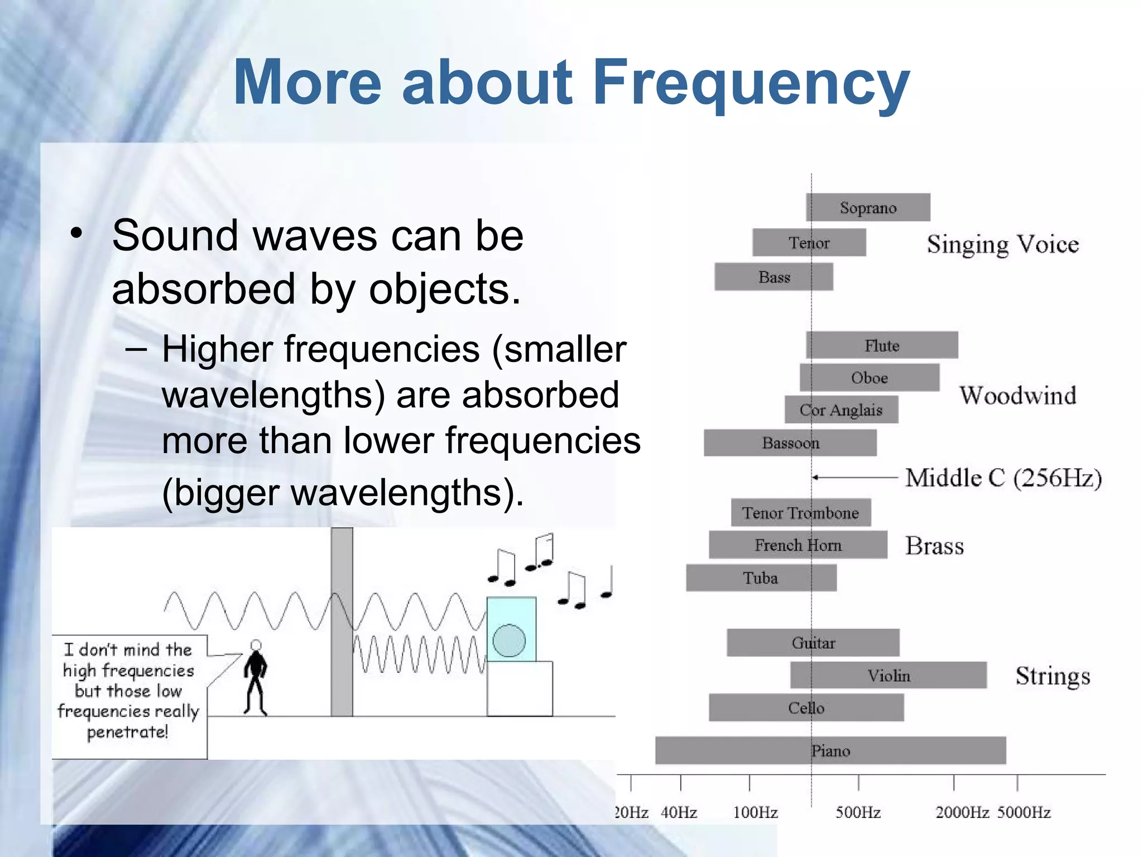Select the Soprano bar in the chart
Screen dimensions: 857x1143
coord(868,208)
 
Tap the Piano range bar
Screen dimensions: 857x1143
coord(830,750)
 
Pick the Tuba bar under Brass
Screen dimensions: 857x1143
coord(761,577)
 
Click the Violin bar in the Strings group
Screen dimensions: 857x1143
coord(889,676)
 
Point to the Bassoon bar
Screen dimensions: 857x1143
coord(790,443)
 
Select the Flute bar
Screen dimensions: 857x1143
coord(882,345)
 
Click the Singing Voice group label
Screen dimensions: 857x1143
coord(1003,244)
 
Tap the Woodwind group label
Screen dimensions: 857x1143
coord(1017,396)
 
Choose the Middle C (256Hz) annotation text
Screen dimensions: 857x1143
coord(1003,478)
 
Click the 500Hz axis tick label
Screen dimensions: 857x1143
coord(858,812)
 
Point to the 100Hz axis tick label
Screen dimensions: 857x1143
coord(755,812)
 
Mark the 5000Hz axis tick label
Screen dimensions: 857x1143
coord(1024,812)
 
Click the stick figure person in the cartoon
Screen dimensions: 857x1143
coord(256,678)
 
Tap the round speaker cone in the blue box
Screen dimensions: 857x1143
coord(509,640)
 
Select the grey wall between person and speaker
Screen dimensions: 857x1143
coord(342,622)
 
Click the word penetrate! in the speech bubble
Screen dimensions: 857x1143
coord(127,732)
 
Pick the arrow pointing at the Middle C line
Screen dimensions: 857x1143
coord(854,478)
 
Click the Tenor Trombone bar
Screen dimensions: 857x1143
coord(800,513)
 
